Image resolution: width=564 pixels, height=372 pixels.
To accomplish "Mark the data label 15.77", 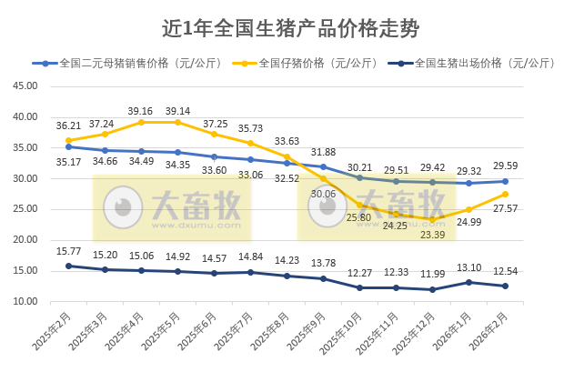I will pyautogui.click(x=68, y=251).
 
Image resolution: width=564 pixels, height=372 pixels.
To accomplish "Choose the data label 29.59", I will pyautogui.click(x=506, y=166).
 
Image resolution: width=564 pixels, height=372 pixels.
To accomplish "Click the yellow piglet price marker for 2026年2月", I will pyautogui.click(x=506, y=194).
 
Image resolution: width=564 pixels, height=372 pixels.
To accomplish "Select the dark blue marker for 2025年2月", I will pyautogui.click(x=68, y=266).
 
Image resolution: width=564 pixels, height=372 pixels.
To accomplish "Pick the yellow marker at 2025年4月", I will pyautogui.click(x=141, y=122).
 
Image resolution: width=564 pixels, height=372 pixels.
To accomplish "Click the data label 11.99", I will pyautogui.click(x=433, y=274).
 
